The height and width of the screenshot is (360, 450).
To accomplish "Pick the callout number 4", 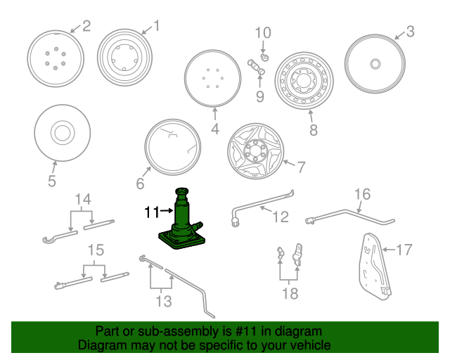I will coord(215,129).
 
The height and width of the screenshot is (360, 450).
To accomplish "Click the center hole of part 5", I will coord(61,132).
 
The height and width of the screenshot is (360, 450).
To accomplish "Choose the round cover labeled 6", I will coord(172,148).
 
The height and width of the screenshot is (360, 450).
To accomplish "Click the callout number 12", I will coord(280,217).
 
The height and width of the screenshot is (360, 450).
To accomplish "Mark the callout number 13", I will coord(163,302).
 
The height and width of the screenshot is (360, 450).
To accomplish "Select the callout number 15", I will coord(95,250).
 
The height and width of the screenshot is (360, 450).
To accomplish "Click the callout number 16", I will coord(361,194).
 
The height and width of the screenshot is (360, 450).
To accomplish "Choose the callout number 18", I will coord(290,292).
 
